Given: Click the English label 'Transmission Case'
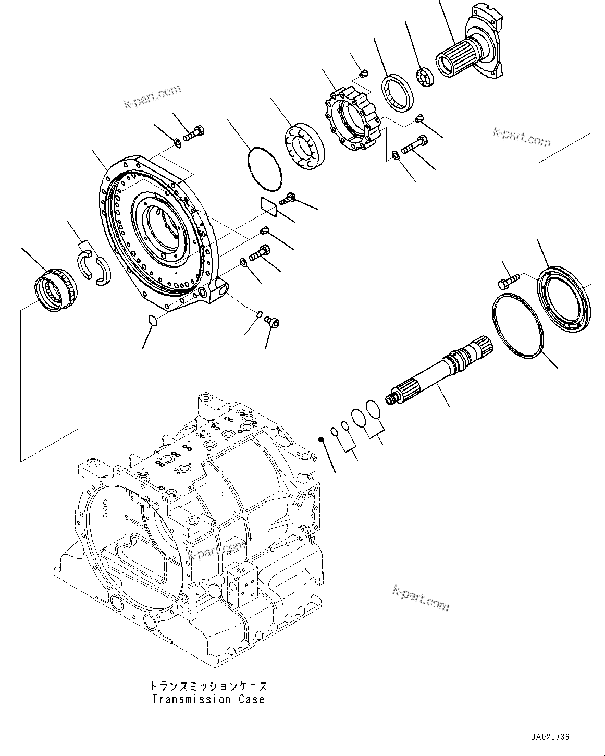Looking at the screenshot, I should [x=208, y=699].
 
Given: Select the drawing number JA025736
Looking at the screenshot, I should [x=550, y=737].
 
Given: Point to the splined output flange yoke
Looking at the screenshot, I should [x=472, y=50].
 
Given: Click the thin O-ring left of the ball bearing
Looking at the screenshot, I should [x=263, y=168].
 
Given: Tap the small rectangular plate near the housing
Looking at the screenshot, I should [x=269, y=205].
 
